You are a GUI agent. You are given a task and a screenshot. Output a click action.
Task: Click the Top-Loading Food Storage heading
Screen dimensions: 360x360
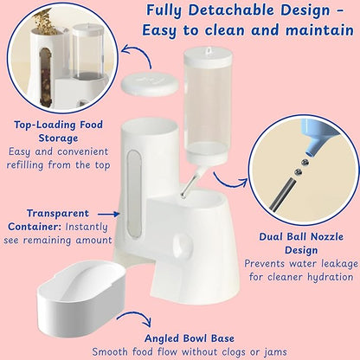(58, 132)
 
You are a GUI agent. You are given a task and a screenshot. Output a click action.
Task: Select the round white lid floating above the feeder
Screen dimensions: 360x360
(150, 84)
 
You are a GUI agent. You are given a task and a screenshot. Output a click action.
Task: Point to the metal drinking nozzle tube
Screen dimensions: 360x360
(190, 183)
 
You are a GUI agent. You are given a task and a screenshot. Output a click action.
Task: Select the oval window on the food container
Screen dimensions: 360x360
(134, 194)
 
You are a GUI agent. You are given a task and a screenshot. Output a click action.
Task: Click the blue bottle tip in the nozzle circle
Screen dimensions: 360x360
(317, 135)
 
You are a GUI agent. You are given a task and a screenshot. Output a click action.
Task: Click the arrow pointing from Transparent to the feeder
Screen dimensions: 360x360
(108, 215)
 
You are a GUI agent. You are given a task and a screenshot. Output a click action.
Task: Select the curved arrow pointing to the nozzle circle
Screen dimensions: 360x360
(228, 183)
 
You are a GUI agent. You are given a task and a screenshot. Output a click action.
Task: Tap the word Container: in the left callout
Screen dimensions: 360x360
(35, 227)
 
